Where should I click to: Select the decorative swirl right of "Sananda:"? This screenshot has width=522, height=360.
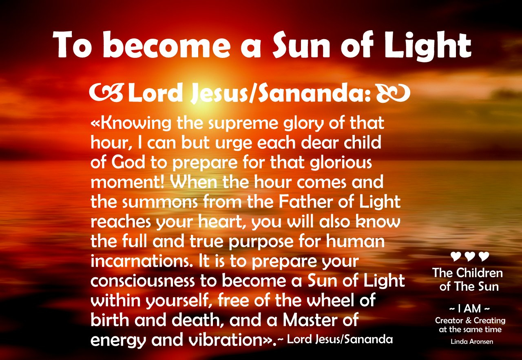point(393,93)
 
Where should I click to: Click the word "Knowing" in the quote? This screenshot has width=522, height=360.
point(135,124)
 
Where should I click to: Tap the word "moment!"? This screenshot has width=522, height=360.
point(128,182)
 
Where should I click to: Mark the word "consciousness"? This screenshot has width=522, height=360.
point(142,281)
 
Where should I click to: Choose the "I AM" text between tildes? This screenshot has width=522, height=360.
point(469,309)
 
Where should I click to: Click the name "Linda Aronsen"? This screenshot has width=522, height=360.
point(472,342)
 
